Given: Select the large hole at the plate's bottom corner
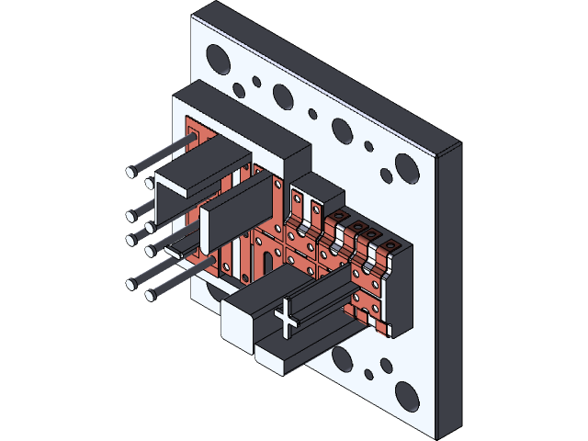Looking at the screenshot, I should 408,395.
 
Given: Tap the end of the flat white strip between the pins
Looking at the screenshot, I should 174,247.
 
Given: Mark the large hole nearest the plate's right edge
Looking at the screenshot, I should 404,168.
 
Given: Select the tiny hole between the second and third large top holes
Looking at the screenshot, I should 312,114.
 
